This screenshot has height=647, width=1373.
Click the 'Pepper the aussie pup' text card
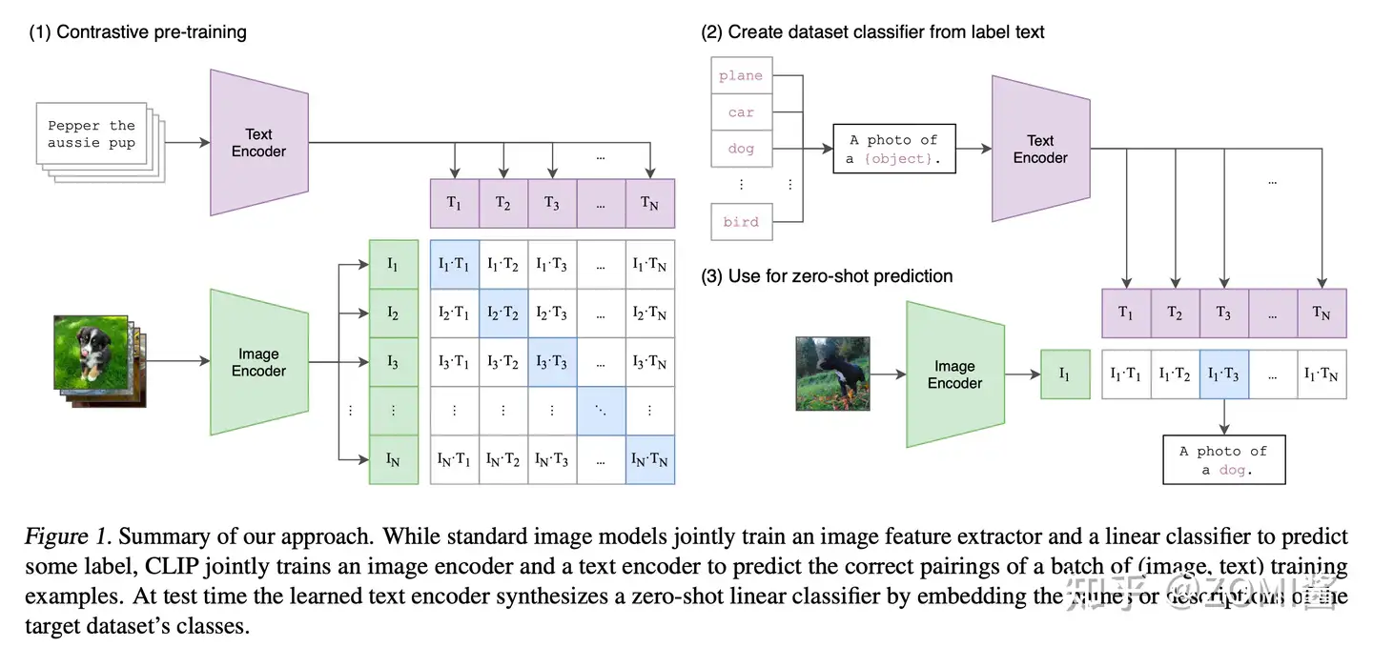92,134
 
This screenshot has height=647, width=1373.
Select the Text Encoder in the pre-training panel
258,142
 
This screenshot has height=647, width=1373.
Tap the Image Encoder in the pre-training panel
258,362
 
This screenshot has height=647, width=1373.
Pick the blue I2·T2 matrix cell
502,313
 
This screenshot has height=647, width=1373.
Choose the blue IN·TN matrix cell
649,459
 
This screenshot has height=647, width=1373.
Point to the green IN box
393,459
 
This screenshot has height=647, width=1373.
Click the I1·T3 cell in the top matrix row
551,264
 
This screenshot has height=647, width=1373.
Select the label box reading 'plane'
741,76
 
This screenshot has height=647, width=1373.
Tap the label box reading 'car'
741,112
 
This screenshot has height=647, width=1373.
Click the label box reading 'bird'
741,221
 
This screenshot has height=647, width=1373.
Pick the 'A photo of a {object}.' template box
894,149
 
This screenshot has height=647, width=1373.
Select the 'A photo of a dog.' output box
1224,459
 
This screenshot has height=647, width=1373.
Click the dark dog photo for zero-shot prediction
832,373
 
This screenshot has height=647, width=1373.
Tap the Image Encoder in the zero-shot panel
954,374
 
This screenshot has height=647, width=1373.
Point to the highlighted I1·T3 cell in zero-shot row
1223,374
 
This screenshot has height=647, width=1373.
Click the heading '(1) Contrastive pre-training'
137,32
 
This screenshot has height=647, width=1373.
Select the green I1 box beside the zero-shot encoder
1063,374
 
